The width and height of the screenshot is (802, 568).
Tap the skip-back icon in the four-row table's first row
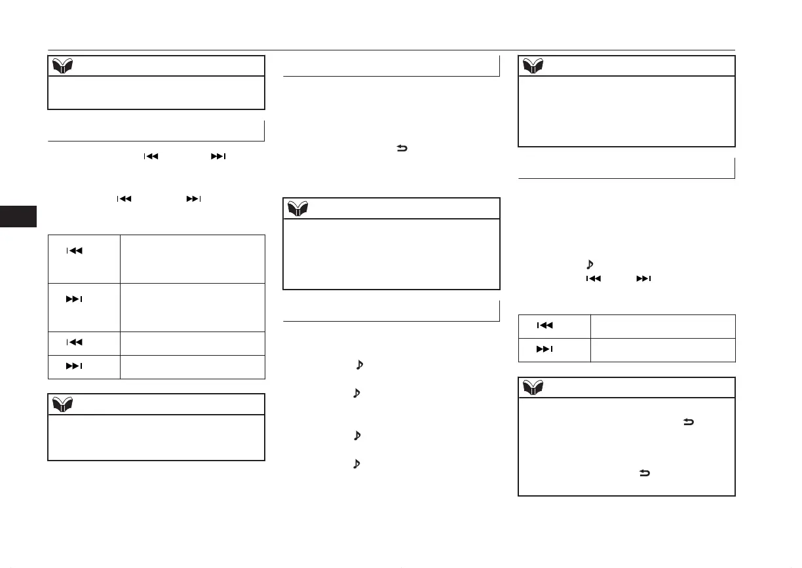75,251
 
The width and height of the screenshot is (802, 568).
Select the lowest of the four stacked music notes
358,464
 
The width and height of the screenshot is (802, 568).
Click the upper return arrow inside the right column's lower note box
689,424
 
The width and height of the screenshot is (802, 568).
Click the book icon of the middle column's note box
297,208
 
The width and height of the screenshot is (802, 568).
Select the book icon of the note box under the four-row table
63,404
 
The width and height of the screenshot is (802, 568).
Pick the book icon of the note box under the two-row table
533,388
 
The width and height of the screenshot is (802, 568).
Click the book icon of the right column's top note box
533,66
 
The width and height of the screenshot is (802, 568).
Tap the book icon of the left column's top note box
63,66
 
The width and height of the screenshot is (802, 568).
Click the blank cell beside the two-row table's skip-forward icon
662,350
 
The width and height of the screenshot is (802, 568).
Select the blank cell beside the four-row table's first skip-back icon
192,259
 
